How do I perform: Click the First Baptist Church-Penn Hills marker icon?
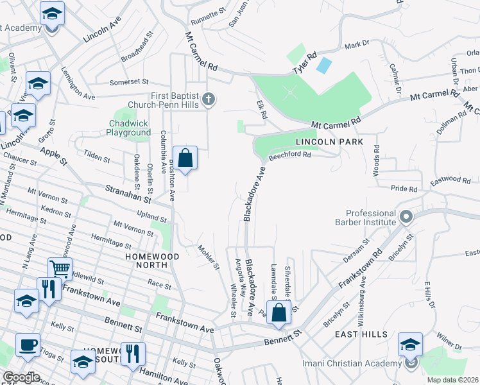point(208,99)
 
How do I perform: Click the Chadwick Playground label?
point(129,128)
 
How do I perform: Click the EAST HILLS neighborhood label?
point(361,334)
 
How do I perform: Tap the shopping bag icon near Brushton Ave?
point(185,157)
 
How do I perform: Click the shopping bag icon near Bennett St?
point(279,313)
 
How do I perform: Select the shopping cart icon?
point(60,269)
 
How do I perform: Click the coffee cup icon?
point(28,345)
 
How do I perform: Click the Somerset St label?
point(128,82)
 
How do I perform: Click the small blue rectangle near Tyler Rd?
point(325,65)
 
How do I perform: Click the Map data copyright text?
point(452,380)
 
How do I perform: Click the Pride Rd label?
point(404,189)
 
